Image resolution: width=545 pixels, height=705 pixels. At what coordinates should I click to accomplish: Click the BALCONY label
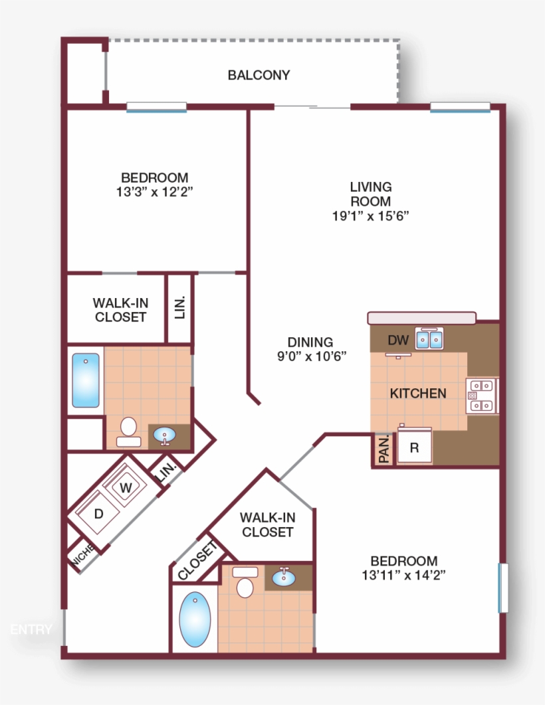coord(259,75)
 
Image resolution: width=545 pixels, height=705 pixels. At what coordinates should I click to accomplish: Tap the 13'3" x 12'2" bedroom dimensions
coord(154,192)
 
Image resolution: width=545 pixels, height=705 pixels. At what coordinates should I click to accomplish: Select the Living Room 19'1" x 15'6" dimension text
coord(370,216)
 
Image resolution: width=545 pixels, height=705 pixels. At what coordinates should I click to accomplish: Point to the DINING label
coord(310,342)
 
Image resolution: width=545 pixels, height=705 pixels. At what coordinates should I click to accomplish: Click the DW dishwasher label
coord(398,341)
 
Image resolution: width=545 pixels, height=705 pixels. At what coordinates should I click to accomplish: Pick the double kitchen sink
coord(429,339)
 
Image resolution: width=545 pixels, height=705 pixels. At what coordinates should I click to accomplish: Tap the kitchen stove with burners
coord(482,396)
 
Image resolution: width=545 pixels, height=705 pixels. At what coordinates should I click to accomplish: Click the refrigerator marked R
coord(415,447)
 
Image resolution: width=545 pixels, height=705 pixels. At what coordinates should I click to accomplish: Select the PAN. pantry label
coord(384,449)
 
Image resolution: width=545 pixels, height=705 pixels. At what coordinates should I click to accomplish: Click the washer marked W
coord(126,487)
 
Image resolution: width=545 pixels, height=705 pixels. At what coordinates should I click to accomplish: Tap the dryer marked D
coord(99,514)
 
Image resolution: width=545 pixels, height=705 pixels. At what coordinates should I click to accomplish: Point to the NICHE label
coord(83,554)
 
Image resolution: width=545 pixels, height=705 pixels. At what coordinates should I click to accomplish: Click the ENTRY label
coord(31,629)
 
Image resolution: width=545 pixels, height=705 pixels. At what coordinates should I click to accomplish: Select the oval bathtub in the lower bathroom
coord(195,619)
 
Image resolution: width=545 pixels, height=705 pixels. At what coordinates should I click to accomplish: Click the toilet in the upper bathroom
coord(129,431)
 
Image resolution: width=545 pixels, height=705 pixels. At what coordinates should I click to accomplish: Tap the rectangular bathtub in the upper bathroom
coord(86,380)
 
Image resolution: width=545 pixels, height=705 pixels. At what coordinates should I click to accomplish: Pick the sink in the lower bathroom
coord(284,577)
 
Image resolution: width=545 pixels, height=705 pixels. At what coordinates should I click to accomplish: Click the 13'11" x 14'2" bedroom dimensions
coord(403,575)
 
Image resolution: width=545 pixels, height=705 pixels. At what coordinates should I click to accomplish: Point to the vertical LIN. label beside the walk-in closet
coord(180,307)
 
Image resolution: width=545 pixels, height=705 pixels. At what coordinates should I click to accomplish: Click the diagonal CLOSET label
coord(197,561)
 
